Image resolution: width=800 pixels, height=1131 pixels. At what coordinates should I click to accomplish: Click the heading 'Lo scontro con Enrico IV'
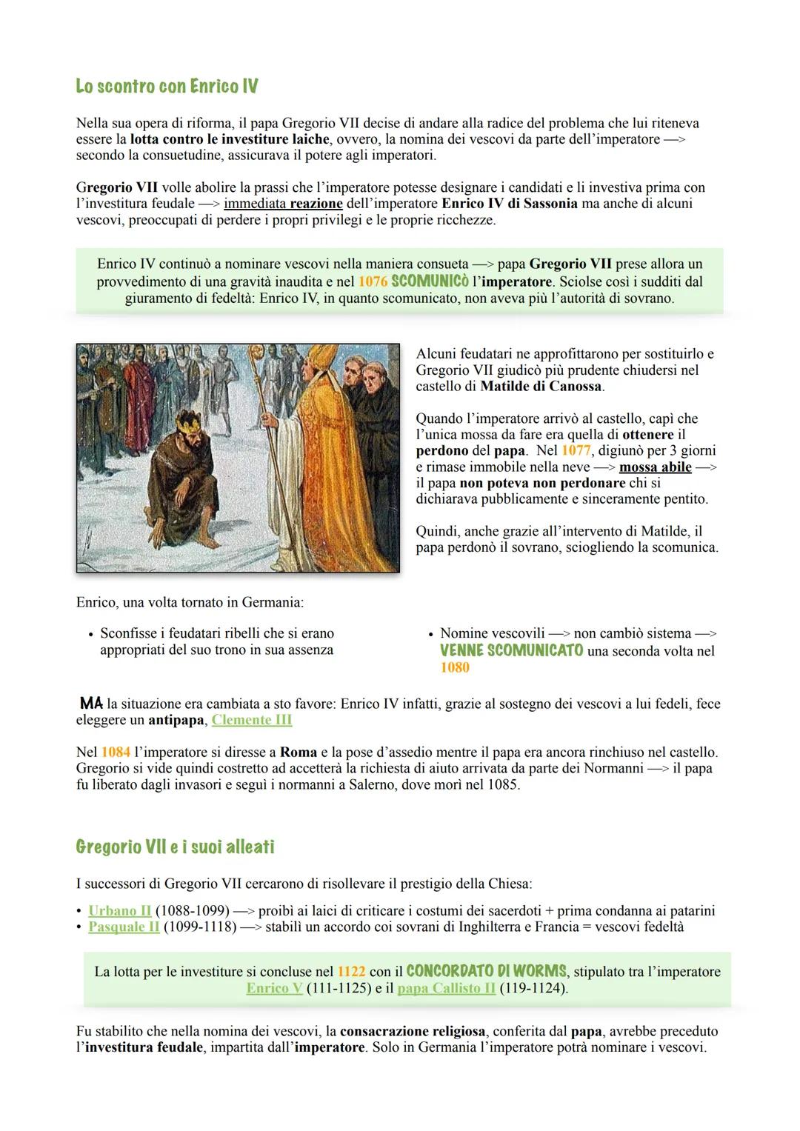pos(167,87)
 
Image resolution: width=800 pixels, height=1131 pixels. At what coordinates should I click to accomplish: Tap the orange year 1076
pos(373,282)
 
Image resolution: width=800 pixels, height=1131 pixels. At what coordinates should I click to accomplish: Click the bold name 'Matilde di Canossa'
pos(541,386)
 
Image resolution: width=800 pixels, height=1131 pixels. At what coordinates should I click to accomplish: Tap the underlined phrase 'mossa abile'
pos(655,467)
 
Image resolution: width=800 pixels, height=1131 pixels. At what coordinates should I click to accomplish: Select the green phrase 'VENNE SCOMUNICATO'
pos(511,651)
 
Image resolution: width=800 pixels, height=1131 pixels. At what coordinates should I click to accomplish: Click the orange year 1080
pos(454,667)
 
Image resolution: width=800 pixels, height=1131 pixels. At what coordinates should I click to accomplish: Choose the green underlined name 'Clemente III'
pos(252,720)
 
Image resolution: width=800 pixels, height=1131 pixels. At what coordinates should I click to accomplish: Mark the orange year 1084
pos(116,752)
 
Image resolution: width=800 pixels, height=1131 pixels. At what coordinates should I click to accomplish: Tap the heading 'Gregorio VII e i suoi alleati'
pos(175,847)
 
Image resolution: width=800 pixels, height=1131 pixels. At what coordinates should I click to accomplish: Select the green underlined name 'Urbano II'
pos(119,910)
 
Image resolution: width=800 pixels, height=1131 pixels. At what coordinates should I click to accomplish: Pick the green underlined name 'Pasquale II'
pos(124,927)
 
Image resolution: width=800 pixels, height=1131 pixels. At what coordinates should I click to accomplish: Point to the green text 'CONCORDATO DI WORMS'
pos(487,971)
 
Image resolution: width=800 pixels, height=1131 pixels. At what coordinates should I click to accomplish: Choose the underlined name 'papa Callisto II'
pos(446,988)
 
